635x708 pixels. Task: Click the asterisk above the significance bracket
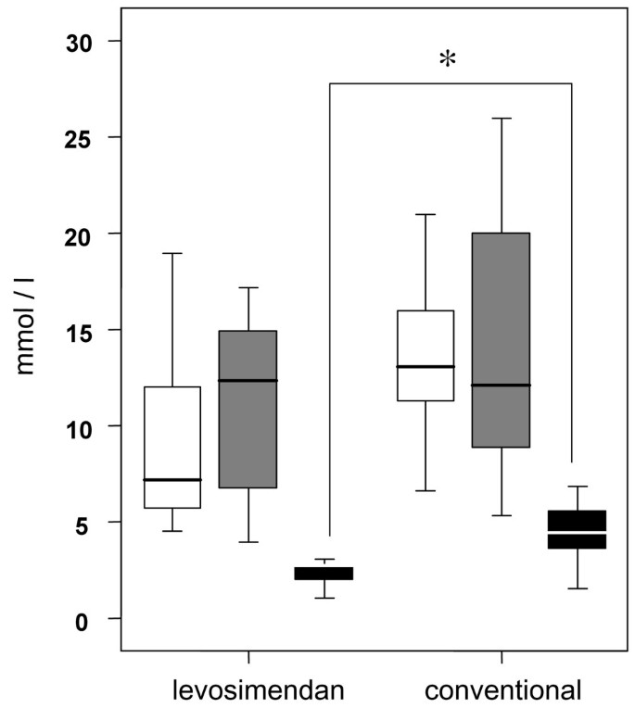[448, 59]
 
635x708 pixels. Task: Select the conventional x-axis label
[502, 689]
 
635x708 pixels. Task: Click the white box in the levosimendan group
[171, 436]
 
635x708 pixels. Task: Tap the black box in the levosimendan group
[324, 573]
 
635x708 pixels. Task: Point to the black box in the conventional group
[577, 529]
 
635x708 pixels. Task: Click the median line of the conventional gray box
[501, 385]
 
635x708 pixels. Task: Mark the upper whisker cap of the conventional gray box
[501, 119]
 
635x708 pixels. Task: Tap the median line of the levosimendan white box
[171, 479]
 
